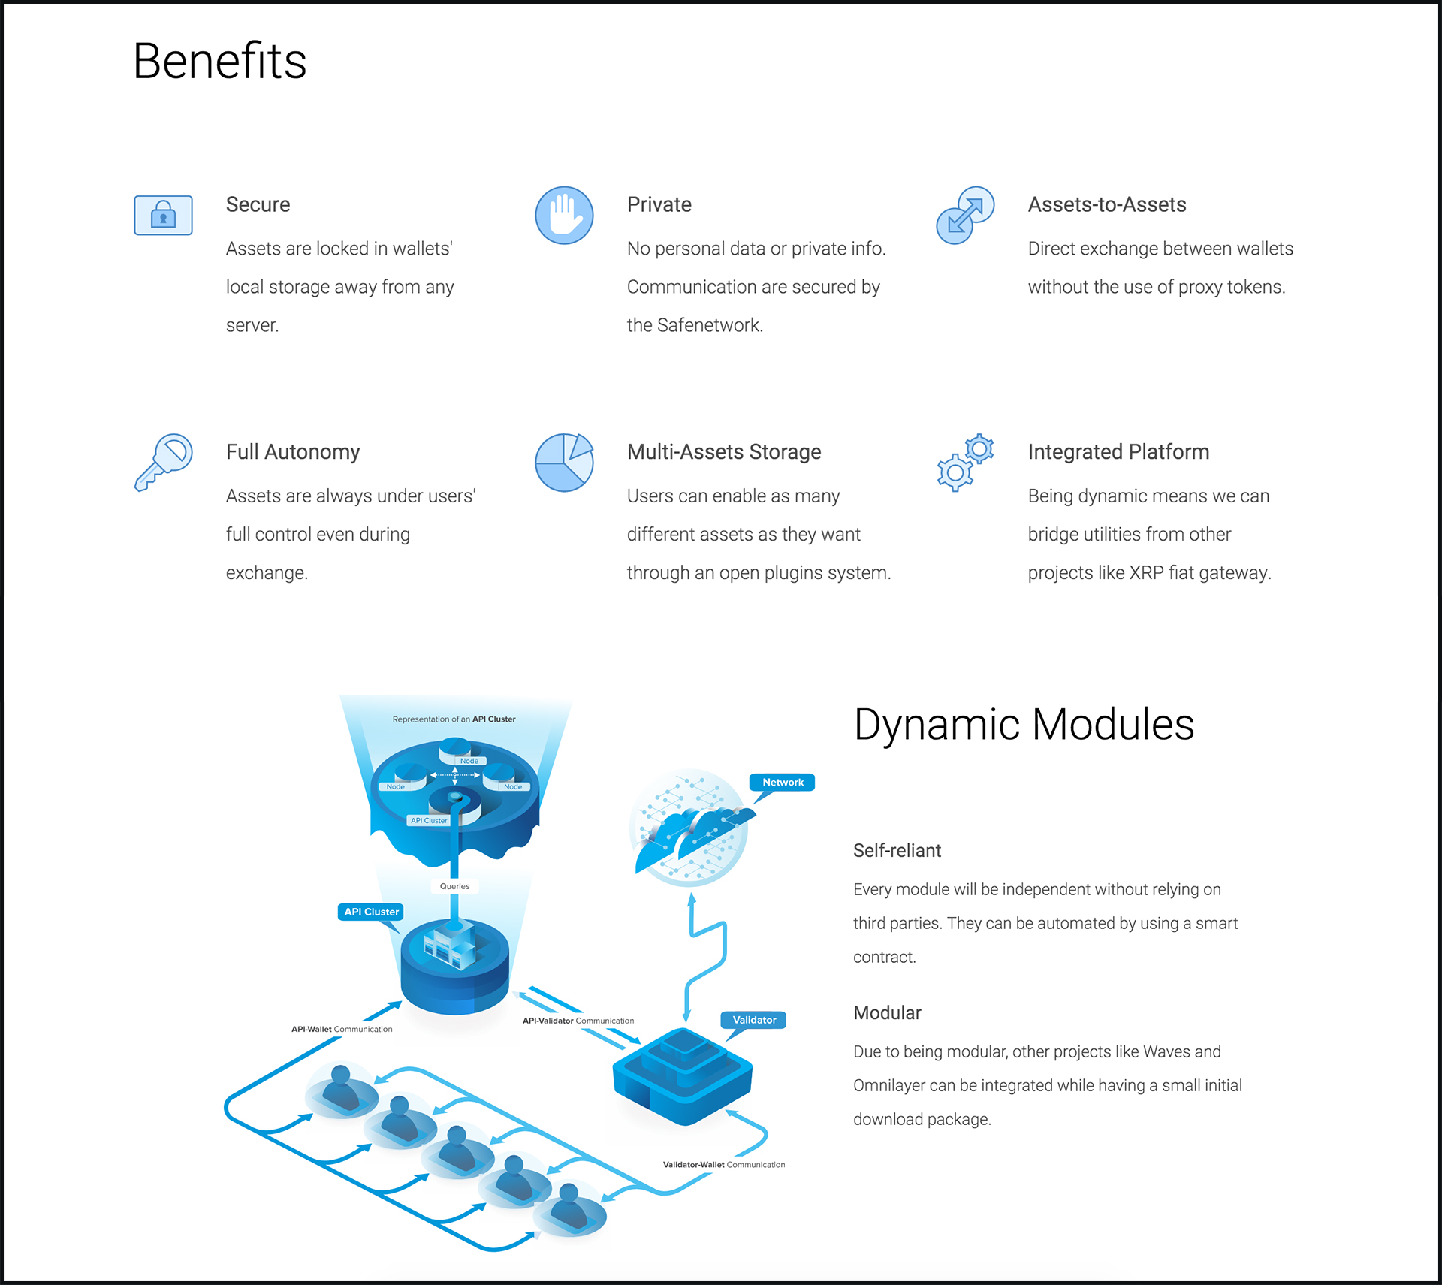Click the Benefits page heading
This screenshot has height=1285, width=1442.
pos(219,61)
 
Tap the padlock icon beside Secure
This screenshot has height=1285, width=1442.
pos(163,216)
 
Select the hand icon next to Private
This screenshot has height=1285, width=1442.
pos(564,216)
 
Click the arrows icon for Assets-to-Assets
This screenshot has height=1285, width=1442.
pos(965,216)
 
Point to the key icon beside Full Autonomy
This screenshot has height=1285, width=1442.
pos(163,462)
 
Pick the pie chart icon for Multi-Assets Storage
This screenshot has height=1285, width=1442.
pos(564,462)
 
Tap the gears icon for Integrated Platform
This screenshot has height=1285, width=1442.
pos(965,463)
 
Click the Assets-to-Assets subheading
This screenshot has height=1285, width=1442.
pos(1107,204)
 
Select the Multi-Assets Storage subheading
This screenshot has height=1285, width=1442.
pos(724,451)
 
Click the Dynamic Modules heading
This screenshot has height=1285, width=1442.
pos(1024,725)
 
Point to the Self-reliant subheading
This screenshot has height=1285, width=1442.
pos(897,850)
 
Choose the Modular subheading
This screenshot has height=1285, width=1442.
pos(887,1012)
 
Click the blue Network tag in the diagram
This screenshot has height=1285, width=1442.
pos(782,783)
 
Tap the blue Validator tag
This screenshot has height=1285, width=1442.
pos(754,1020)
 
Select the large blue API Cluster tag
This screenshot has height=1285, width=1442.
pos(371,912)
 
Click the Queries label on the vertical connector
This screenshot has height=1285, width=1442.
pos(454,886)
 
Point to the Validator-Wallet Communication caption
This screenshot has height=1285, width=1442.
pos(724,1165)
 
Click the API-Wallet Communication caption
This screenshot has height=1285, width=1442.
pos(342,1029)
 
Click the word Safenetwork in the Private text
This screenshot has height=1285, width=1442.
pos(710,325)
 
